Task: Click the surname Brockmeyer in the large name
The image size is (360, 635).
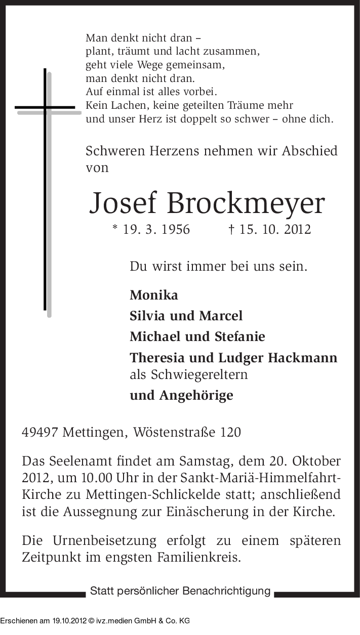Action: tap(246, 204)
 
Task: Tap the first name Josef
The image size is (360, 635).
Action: tap(123, 203)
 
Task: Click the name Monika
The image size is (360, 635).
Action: tap(154, 295)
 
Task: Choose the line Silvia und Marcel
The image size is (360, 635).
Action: tap(186, 316)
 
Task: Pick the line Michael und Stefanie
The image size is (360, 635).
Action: tap(197, 336)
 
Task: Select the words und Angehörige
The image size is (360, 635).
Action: tap(181, 395)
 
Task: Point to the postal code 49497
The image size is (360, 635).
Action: tap(41, 433)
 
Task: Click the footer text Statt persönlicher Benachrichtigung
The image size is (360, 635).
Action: tap(180, 591)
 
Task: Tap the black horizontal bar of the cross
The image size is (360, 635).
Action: tap(45, 107)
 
